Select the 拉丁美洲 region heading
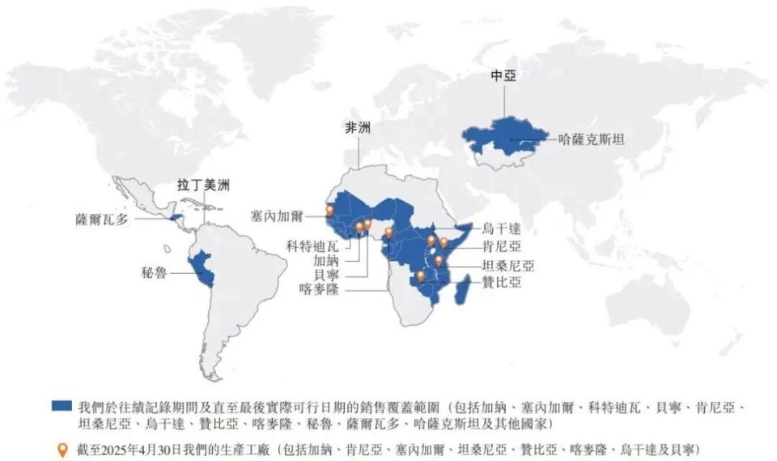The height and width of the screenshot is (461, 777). pos(203,185)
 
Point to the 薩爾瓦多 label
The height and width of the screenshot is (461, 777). pos(102,219)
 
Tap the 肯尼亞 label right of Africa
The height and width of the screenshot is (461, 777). pos(501,246)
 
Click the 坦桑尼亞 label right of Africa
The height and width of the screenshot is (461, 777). pos(507,265)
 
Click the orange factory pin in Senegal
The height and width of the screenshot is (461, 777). pos(330,211)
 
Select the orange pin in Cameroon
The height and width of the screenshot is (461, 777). pos(388,232)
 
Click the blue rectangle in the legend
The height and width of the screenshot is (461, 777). pos(62,403)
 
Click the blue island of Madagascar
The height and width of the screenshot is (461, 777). pos(463,288)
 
